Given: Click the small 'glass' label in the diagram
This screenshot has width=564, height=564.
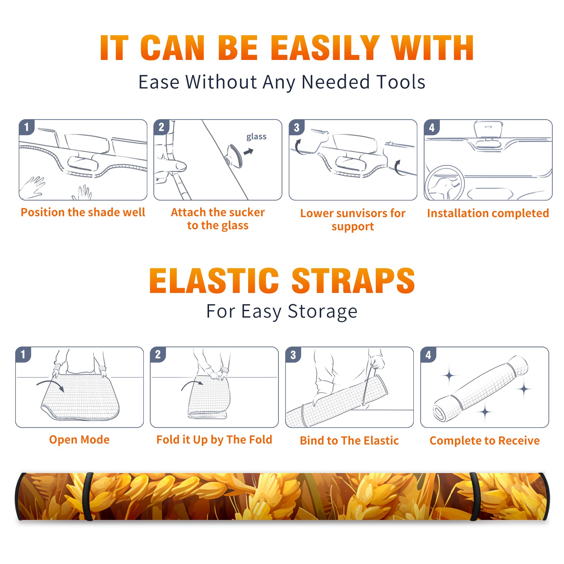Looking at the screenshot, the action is [x=256, y=137].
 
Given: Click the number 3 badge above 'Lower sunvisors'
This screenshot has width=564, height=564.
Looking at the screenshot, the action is [x=296, y=127].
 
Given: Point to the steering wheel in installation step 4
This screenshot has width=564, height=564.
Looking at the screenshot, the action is [x=445, y=183].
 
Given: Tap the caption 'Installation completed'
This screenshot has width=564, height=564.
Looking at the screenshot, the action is [x=488, y=213].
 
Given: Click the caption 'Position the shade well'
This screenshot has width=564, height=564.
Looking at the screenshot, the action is [x=83, y=212].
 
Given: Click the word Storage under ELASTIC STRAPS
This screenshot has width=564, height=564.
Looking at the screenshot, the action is [x=323, y=312].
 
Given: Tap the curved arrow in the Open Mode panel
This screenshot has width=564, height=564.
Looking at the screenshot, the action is [x=50, y=385].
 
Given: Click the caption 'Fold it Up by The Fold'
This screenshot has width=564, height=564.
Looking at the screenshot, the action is [x=214, y=440].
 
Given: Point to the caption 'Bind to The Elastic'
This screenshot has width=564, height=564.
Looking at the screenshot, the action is [x=349, y=441].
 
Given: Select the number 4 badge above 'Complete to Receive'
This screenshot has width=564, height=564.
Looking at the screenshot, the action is [x=428, y=355].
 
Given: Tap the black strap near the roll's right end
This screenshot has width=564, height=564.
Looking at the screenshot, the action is [x=475, y=497].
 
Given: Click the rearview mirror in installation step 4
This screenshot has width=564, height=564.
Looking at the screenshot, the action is [x=488, y=130].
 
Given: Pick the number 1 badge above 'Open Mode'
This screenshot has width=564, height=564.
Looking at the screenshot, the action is [x=23, y=355].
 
